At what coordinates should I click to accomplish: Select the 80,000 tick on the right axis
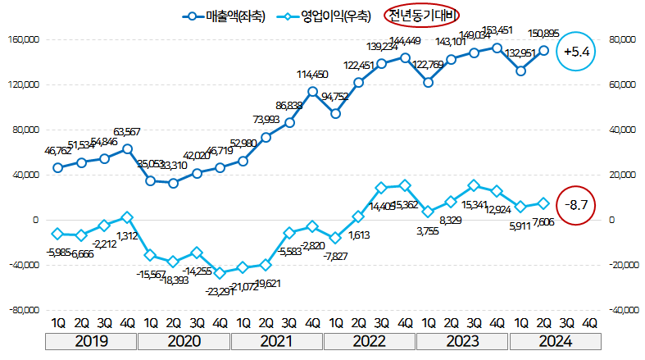point(623,39)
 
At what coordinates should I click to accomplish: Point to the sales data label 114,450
point(312,75)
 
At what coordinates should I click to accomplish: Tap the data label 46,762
point(57,152)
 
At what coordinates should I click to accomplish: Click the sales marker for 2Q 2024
point(543,50)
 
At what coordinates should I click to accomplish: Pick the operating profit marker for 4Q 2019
point(127,217)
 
